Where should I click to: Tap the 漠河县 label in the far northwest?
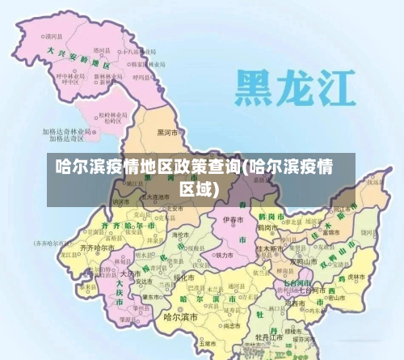point(54,36)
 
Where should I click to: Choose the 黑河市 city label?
point(168,132)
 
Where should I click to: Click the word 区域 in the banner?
point(199,189)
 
